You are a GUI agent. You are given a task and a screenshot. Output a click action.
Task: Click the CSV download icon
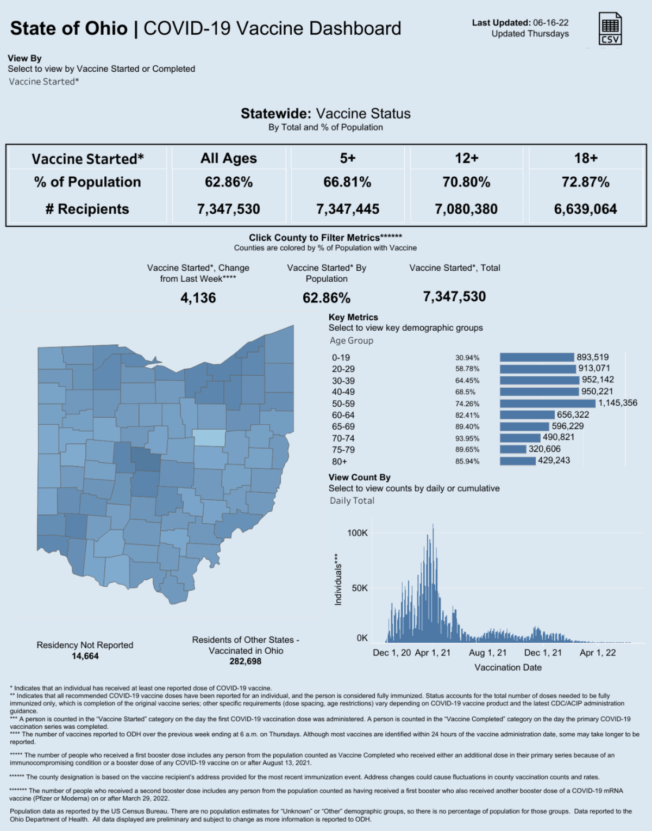pyautogui.click(x=610, y=29)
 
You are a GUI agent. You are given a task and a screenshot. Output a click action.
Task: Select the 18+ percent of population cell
pyautogui.click(x=585, y=182)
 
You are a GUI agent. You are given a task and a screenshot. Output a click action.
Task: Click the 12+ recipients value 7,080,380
pyautogui.click(x=466, y=209)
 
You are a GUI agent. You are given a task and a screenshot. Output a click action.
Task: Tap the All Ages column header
pyautogui.click(x=229, y=158)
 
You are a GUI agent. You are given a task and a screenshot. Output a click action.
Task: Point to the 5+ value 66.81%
pyautogui.click(x=347, y=182)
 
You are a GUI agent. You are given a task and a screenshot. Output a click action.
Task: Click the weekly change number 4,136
pyautogui.click(x=198, y=298)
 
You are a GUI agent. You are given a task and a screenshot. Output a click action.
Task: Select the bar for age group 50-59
pyautogui.click(x=547, y=404)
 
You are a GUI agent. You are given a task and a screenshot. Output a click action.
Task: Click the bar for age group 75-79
pyautogui.click(x=513, y=449)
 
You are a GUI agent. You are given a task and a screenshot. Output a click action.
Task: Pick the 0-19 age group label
pyautogui.click(x=341, y=358)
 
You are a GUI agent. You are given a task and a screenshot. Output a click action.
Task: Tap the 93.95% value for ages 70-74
pyautogui.click(x=467, y=438)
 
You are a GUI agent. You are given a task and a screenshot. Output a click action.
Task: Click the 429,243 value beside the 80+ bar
pyautogui.click(x=554, y=461)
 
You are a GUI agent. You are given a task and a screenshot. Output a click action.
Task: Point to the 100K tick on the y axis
pyautogui.click(x=358, y=533)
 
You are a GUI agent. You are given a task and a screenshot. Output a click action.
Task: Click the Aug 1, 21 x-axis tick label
pyautogui.click(x=487, y=653)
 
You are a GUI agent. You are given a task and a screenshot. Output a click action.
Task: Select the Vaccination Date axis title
pyautogui.click(x=508, y=667)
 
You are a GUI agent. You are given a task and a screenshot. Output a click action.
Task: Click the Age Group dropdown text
pyautogui.click(x=352, y=340)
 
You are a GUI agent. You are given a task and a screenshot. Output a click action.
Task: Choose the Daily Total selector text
pyautogui.click(x=352, y=501)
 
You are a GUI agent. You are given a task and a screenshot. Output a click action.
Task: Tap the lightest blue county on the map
pyautogui.click(x=210, y=438)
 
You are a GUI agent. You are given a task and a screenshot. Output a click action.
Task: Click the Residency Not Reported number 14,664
pyautogui.click(x=85, y=656)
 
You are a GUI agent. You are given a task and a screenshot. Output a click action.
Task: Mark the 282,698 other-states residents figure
pyautogui.click(x=246, y=662)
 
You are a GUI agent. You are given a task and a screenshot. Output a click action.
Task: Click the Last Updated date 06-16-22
pyautogui.click(x=550, y=23)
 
